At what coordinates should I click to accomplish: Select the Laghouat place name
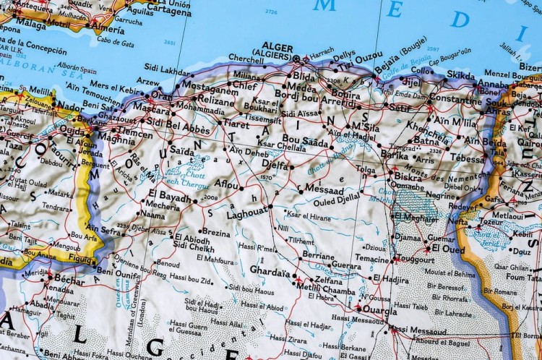(246, 214)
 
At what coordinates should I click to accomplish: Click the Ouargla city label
(379, 311)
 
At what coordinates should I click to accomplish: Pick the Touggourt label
(417, 258)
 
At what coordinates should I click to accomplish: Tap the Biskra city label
(408, 176)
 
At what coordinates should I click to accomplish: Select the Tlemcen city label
(135, 133)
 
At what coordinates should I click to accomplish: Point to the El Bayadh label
(171, 196)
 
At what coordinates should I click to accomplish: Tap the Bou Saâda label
(306, 139)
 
